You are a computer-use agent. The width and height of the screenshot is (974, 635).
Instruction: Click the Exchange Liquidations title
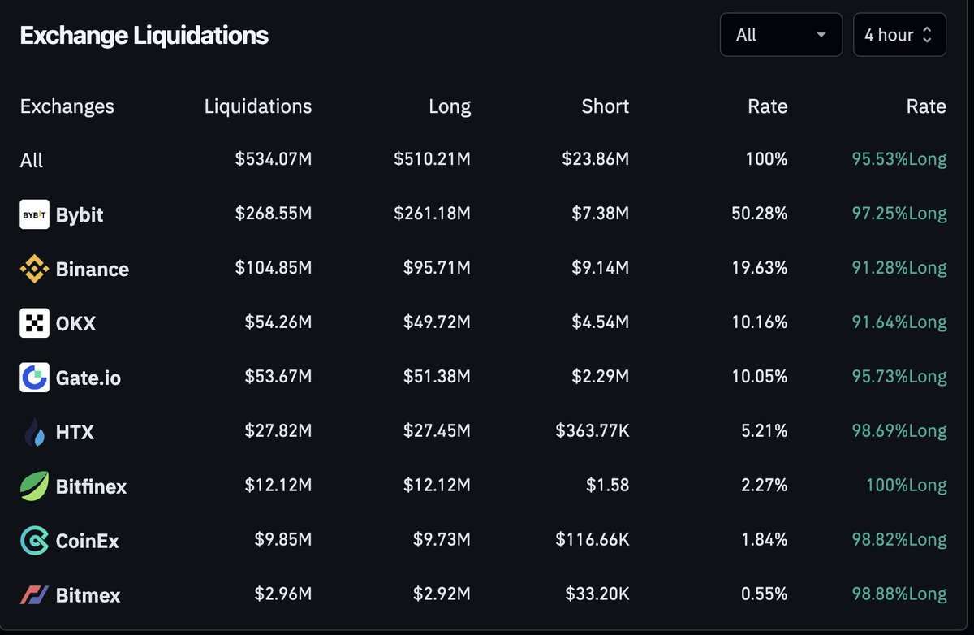tap(144, 36)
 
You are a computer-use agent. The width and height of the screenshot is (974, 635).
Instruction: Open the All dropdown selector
tap(781, 35)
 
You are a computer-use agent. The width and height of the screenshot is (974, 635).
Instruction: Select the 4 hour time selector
tap(899, 35)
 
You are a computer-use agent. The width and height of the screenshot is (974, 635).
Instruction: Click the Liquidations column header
tap(257, 106)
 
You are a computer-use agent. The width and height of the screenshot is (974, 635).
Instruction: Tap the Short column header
tap(605, 106)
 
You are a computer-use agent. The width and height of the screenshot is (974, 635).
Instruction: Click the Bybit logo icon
tap(34, 214)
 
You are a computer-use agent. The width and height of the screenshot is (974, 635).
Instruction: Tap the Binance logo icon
tap(34, 269)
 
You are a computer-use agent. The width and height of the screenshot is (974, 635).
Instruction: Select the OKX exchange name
tap(75, 323)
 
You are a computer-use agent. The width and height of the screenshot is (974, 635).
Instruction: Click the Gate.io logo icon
tap(34, 378)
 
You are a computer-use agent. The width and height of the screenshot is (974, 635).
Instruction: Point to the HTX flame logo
tap(34, 432)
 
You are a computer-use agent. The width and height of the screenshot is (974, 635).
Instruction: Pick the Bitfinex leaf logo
tap(34, 486)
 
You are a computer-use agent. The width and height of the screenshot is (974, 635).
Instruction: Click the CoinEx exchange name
tap(87, 541)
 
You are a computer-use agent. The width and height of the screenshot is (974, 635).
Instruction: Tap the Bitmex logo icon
tap(34, 595)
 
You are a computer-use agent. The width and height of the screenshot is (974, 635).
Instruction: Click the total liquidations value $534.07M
tap(273, 160)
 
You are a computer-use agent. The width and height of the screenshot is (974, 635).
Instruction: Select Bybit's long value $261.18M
tap(432, 214)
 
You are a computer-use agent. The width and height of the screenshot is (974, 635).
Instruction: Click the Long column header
tap(449, 106)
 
